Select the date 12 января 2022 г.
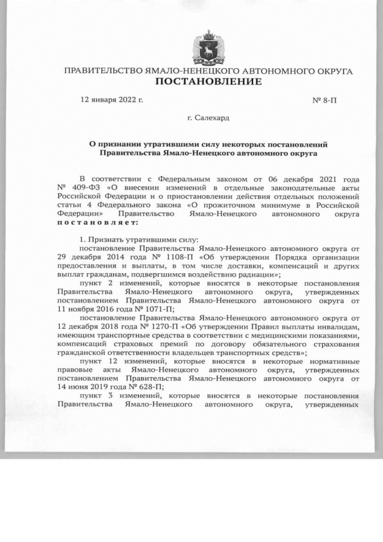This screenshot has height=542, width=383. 112,99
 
